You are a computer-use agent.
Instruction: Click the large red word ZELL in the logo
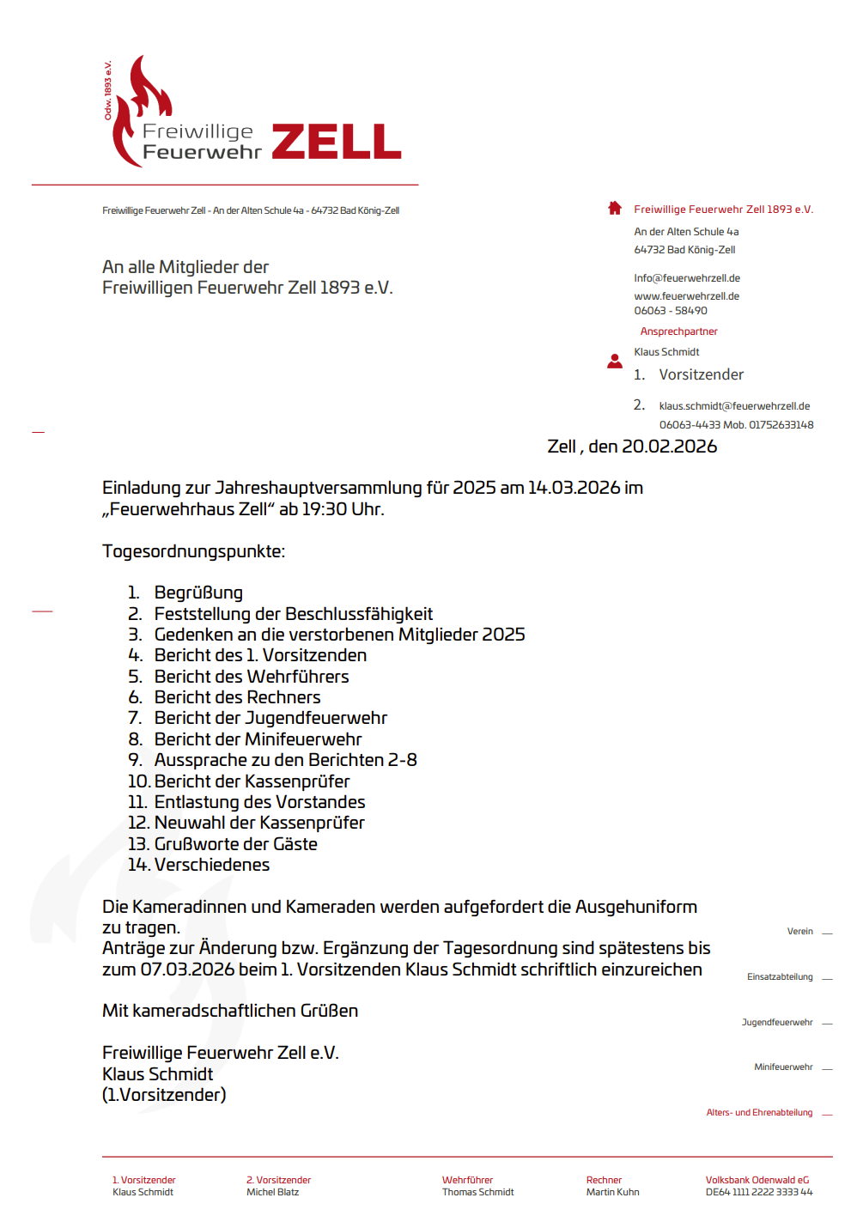tap(337, 142)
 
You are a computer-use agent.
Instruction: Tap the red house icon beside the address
tap(615, 208)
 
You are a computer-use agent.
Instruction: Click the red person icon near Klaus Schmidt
tap(615, 362)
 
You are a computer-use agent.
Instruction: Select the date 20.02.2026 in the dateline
tap(669, 447)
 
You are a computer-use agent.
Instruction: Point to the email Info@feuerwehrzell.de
tap(687, 278)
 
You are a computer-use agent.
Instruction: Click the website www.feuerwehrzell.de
tap(686, 296)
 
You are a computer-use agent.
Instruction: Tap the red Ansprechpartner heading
tap(678, 331)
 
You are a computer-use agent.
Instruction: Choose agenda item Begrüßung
tap(198, 593)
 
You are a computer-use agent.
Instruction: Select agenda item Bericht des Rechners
tap(237, 697)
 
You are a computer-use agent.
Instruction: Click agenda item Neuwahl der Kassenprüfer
tap(259, 823)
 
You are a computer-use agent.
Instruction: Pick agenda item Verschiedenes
tap(212, 865)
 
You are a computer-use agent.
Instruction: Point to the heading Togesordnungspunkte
tap(193, 551)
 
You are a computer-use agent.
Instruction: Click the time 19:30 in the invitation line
tap(324, 509)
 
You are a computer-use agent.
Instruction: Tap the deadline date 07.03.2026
tap(187, 970)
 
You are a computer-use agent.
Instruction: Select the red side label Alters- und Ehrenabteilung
tap(759, 1113)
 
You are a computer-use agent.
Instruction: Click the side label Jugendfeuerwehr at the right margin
tap(777, 1023)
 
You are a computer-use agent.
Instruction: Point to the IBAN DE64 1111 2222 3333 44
tap(758, 1192)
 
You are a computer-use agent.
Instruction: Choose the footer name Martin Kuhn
tap(612, 1192)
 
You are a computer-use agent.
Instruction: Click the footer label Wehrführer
tap(467, 1180)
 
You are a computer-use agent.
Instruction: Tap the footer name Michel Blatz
tap(272, 1192)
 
